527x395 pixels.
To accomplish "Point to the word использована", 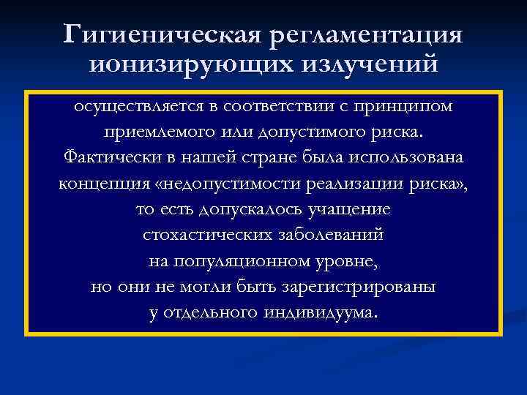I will click(402, 159).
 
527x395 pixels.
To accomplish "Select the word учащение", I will click(351, 210).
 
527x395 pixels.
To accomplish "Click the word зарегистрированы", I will click(360, 287).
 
